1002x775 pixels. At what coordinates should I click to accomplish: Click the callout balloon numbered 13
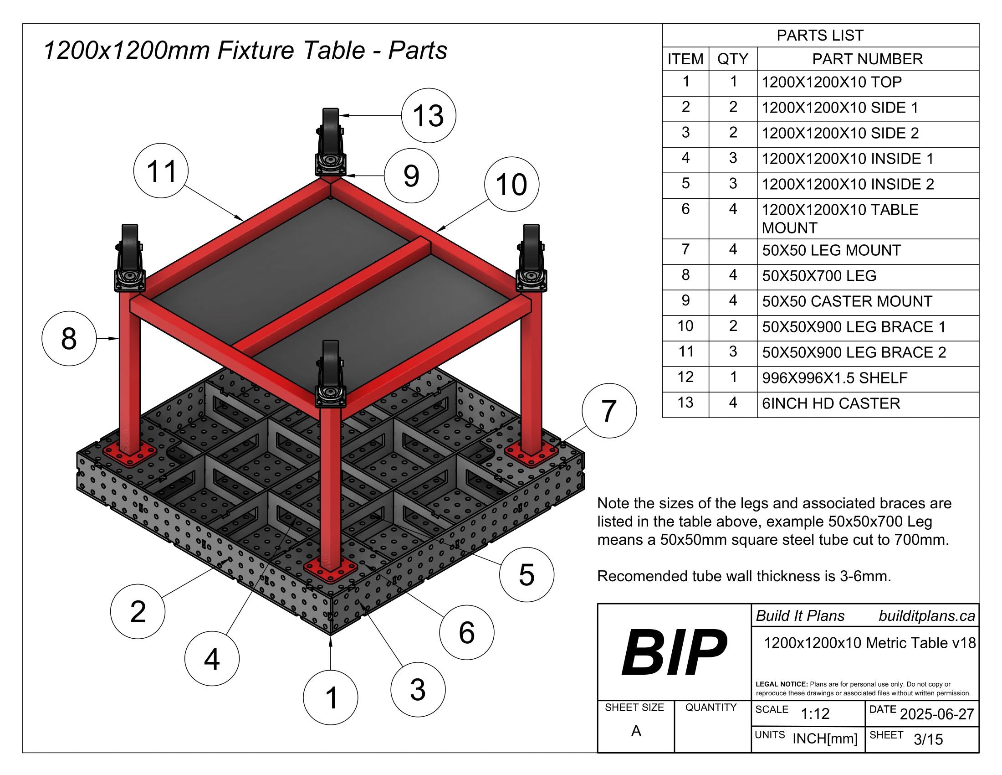click(x=428, y=115)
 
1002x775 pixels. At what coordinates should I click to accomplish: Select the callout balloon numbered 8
click(x=69, y=338)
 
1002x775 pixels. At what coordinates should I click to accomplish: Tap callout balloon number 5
click(x=526, y=574)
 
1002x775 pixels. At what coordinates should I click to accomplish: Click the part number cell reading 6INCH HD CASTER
click(x=830, y=403)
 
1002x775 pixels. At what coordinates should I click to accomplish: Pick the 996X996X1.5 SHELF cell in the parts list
click(x=834, y=378)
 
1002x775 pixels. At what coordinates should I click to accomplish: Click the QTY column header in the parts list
click(x=732, y=59)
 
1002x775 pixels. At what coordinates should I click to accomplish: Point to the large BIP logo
click(x=674, y=652)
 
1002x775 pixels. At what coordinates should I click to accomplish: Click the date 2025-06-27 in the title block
click(x=936, y=714)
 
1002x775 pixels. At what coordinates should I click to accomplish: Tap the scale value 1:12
click(x=815, y=713)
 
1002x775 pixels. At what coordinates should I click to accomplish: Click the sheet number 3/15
click(x=928, y=739)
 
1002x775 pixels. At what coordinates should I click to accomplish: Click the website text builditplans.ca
click(x=926, y=616)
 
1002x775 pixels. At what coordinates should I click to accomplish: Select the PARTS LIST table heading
click(x=820, y=36)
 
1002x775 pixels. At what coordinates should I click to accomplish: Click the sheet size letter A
click(x=635, y=730)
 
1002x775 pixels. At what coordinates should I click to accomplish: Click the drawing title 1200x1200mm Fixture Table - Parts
click(x=245, y=50)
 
